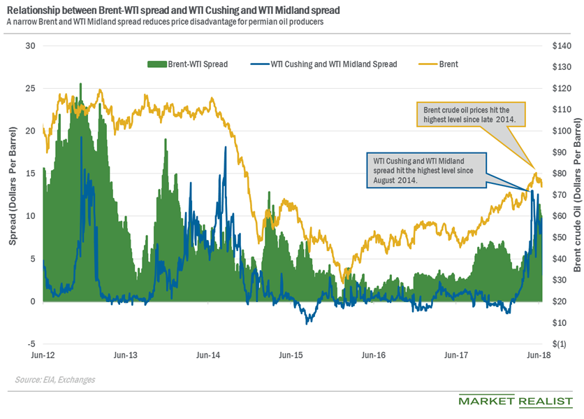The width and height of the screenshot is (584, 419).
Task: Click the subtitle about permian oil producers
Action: tap(165, 22)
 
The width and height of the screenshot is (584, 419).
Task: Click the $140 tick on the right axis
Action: tap(562, 45)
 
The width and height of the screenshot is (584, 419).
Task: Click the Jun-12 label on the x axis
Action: tap(43, 356)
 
